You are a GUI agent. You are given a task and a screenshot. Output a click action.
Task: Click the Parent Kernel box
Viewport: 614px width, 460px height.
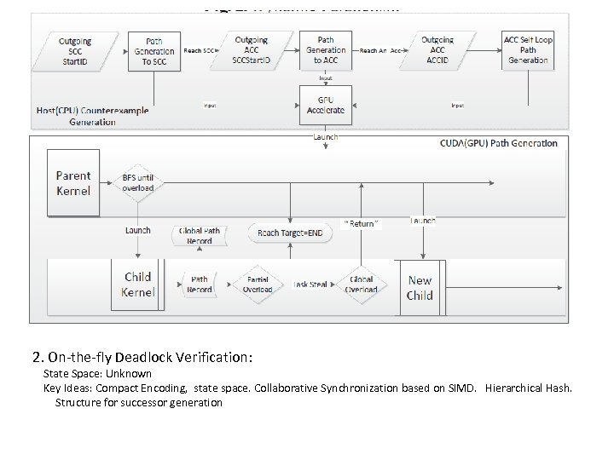pyautogui.click(x=73, y=182)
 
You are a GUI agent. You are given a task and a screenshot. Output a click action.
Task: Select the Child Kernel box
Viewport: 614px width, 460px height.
pyautogui.click(x=137, y=285)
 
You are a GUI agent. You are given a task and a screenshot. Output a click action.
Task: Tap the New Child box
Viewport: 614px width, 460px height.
pyautogui.click(x=420, y=288)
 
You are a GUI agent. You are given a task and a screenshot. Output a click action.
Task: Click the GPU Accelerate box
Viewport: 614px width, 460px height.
pyautogui.click(x=325, y=104)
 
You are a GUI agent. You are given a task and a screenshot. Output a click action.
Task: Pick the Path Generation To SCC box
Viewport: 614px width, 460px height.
pyautogui.click(x=154, y=50)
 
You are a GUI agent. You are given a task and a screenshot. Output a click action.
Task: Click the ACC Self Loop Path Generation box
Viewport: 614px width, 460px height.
pyautogui.click(x=528, y=49)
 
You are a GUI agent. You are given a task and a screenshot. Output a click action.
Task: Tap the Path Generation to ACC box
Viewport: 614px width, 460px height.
pyautogui.click(x=325, y=50)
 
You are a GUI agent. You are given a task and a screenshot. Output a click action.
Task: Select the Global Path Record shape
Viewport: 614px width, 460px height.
pyautogui.click(x=200, y=235)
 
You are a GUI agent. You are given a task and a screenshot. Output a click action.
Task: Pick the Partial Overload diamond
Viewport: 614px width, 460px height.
pyautogui.click(x=257, y=284)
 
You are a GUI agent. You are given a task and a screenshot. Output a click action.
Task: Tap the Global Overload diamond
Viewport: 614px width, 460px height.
pyautogui.click(x=361, y=284)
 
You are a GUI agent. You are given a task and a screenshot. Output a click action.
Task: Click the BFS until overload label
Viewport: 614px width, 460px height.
pyautogui.click(x=137, y=183)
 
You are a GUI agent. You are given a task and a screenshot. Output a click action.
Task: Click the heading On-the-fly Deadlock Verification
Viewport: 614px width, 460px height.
pyautogui.click(x=143, y=355)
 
